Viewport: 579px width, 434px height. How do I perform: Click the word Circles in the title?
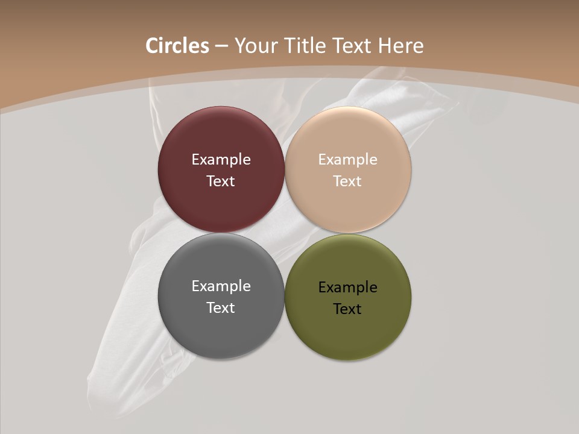click(x=177, y=46)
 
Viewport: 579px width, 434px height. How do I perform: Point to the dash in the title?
click(x=221, y=46)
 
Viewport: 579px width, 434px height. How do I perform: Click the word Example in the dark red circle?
click(x=221, y=160)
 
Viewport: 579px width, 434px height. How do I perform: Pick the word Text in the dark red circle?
click(x=221, y=181)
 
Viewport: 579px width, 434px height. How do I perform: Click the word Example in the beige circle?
click(x=348, y=160)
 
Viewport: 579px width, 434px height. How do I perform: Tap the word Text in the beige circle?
click(x=348, y=181)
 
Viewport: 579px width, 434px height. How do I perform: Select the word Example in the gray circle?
click(x=221, y=286)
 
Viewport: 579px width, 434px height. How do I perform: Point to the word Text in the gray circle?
click(x=221, y=308)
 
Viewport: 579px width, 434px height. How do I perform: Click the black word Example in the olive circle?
click(x=348, y=288)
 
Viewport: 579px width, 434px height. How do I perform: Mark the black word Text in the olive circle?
click(x=348, y=309)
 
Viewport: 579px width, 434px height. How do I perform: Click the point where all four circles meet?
click(x=285, y=233)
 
